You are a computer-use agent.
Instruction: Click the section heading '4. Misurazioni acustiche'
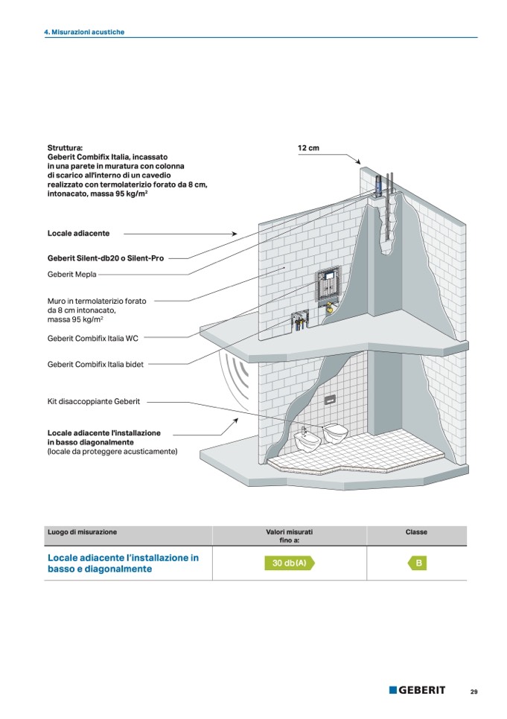84,32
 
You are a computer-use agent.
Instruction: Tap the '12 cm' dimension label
308,149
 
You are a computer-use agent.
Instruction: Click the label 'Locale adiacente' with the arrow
78,234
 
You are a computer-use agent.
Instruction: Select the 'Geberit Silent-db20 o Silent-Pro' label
106,258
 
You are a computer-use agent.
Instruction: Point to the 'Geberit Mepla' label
72,275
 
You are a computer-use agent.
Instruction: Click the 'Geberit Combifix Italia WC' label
92,338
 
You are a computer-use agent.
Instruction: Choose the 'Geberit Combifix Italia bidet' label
95,365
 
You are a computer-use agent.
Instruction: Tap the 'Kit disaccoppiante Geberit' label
93,401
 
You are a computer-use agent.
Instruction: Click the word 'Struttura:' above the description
66,149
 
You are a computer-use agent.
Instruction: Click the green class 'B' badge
418,563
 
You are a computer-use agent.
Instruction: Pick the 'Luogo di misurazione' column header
82,532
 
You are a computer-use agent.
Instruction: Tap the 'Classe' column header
416,532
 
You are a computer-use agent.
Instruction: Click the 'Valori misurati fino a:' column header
290,536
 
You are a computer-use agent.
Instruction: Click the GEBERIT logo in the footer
417,690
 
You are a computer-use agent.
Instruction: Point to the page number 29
473,691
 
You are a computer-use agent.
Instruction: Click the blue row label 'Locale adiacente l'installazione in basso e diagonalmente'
123,563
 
